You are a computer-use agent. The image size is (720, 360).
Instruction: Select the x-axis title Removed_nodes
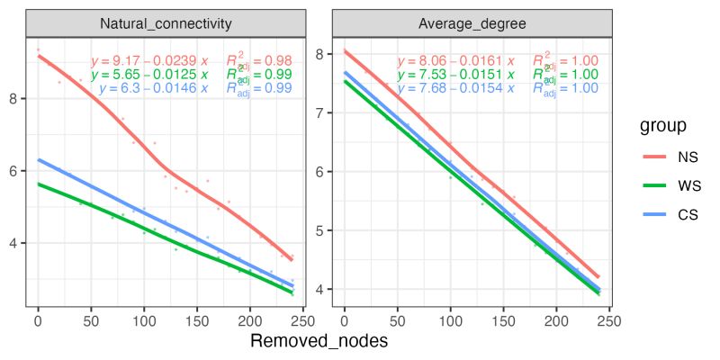pos(319,342)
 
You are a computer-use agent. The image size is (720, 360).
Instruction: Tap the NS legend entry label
pos(688,157)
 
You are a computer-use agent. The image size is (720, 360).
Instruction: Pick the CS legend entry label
pos(688,214)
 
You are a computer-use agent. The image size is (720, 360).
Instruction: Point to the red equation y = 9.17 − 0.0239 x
pos(149,60)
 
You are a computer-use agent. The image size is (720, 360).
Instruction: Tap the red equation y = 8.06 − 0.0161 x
pos(455,60)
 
